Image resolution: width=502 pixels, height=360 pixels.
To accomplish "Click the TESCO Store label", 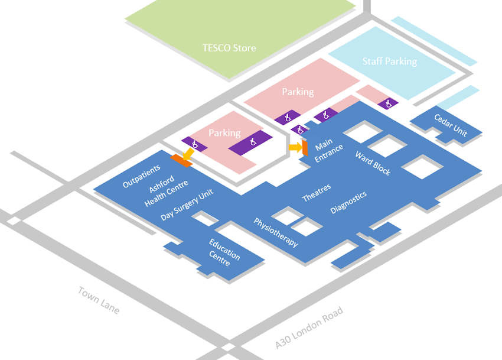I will click(229, 48).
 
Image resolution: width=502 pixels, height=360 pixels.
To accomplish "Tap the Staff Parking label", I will click(389, 61).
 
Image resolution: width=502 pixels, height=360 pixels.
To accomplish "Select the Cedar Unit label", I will click(451, 125).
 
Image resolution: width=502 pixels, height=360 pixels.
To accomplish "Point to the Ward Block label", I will click(373, 163).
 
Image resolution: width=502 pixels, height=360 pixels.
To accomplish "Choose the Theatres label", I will click(317, 192).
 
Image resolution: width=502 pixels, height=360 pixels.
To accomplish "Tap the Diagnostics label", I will click(348, 202).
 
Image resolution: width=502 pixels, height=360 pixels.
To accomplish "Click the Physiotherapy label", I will click(275, 232).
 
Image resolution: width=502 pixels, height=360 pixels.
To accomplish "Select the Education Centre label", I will click(224, 252).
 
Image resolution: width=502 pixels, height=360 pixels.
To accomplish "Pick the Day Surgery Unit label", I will click(187, 205).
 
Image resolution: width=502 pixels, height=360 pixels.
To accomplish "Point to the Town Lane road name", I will click(99, 300).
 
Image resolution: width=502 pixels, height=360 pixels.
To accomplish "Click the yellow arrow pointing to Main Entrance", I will click(295, 147).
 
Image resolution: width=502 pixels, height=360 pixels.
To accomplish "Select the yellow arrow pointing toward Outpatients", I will click(188, 154).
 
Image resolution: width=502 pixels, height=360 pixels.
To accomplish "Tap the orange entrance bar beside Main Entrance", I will click(305, 148).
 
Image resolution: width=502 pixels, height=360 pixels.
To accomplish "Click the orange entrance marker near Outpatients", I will click(180, 161).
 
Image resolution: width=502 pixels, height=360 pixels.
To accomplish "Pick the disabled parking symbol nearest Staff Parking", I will click(388, 103).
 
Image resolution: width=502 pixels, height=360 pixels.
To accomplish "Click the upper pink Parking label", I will click(298, 92).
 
